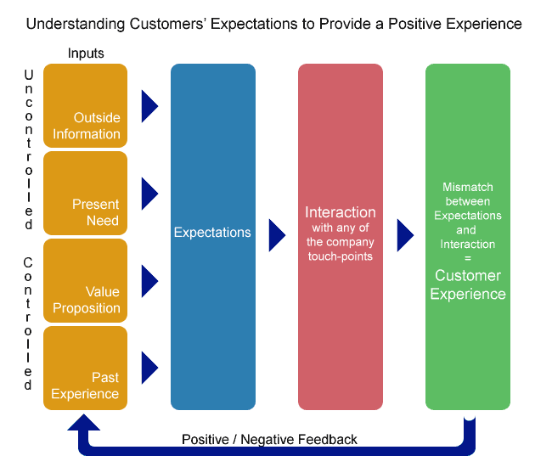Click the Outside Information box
point(85,105)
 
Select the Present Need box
point(85,194)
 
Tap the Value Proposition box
point(85,280)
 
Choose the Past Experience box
point(85,368)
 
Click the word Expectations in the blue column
point(212,233)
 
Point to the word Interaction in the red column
point(341,212)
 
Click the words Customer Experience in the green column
point(468,284)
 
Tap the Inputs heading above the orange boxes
point(86,53)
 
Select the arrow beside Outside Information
point(149,106)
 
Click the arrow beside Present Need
point(149,194)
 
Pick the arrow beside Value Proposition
point(149,281)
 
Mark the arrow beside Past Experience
point(149,368)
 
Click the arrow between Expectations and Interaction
point(277,235)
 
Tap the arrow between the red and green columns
point(405,235)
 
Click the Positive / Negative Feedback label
point(269,440)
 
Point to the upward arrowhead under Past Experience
point(84,422)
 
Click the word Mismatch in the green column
point(468,187)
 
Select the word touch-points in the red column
point(341,256)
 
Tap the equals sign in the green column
point(468,258)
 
